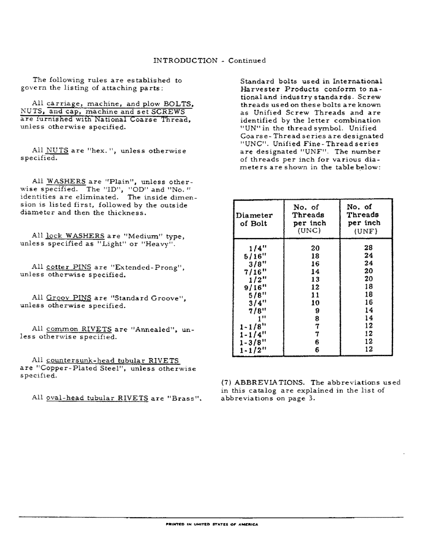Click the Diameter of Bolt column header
pyautogui.click(x=254, y=219)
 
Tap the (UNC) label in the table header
pyautogui.click(x=309, y=231)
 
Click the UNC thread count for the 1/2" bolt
pyautogui.click(x=315, y=279)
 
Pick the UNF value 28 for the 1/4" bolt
pyautogui.click(x=368, y=248)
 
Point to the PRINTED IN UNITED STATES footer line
pyautogui.click(x=211, y=524)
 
